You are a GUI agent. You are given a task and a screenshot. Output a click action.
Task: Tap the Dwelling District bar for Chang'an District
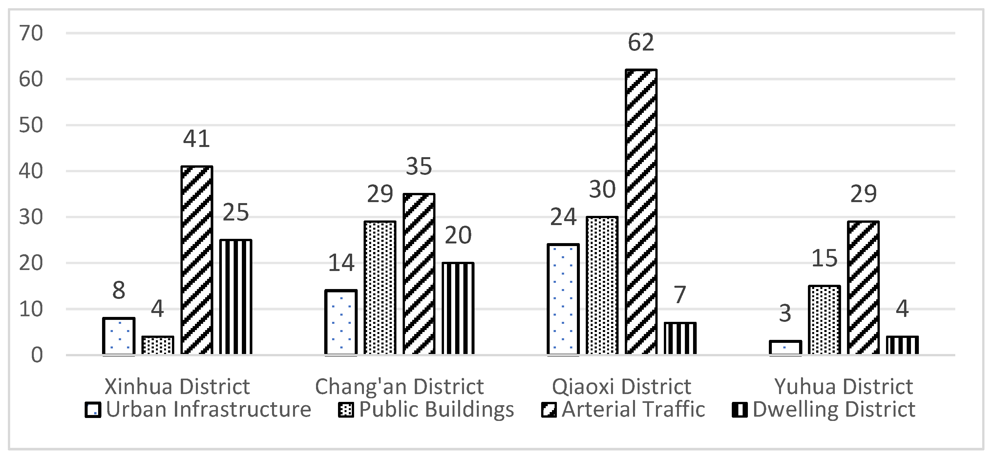tap(458, 308)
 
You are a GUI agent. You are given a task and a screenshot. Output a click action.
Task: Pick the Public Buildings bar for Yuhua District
tap(824, 320)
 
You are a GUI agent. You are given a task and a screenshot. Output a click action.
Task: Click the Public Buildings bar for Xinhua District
tap(158, 345)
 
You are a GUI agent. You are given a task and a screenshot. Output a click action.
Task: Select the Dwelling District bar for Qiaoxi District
tap(680, 339)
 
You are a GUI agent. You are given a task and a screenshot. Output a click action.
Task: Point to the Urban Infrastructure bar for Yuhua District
tap(785, 348)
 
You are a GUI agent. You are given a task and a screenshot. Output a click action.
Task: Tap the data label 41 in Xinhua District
tap(197, 139)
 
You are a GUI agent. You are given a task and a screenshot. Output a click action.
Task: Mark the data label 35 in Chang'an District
tap(419, 167)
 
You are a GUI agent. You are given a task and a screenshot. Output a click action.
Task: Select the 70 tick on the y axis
tap(31, 33)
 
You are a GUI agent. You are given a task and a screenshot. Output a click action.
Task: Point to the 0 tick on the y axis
tap(37, 355)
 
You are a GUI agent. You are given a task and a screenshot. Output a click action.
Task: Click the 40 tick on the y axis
tap(31, 171)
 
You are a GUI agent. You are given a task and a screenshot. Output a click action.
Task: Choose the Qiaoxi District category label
tap(622, 387)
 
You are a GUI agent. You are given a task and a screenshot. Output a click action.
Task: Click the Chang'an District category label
tap(399, 387)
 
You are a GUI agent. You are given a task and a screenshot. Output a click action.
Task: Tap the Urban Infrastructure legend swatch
tap(93, 410)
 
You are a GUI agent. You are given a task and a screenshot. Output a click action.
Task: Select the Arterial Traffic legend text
tap(633, 409)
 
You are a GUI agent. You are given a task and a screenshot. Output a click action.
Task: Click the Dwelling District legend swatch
tap(739, 410)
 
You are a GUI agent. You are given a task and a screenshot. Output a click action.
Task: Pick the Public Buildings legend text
tap(436, 409)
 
